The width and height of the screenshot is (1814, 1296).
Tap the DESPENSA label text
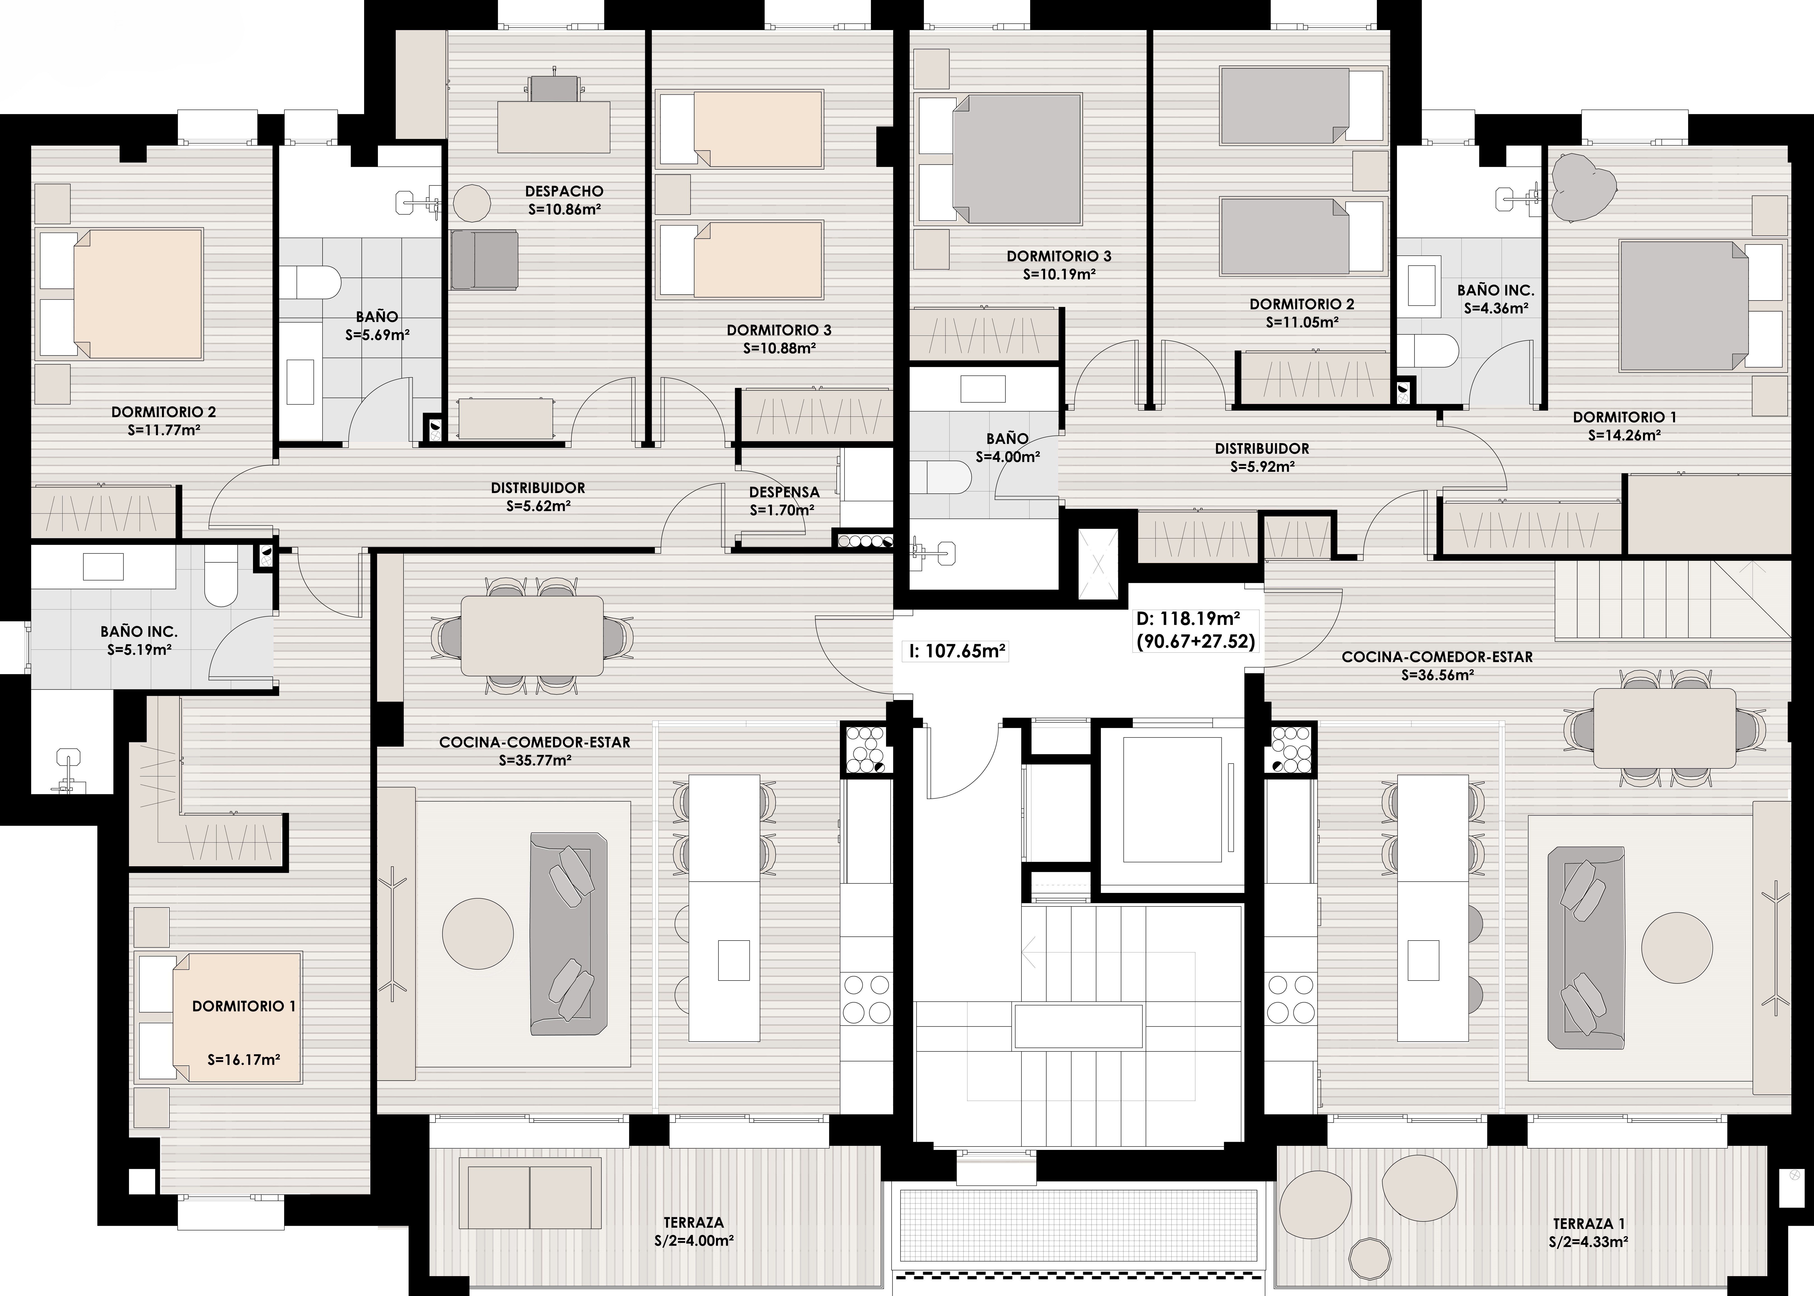(784, 492)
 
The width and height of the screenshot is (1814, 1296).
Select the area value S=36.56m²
(1437, 675)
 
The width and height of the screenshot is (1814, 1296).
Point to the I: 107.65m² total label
(957, 651)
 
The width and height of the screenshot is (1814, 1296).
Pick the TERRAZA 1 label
(1588, 1223)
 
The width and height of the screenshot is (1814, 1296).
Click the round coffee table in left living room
(478, 934)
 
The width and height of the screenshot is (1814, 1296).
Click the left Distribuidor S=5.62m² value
(538, 506)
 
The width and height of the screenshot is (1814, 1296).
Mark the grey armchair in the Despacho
(484, 259)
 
